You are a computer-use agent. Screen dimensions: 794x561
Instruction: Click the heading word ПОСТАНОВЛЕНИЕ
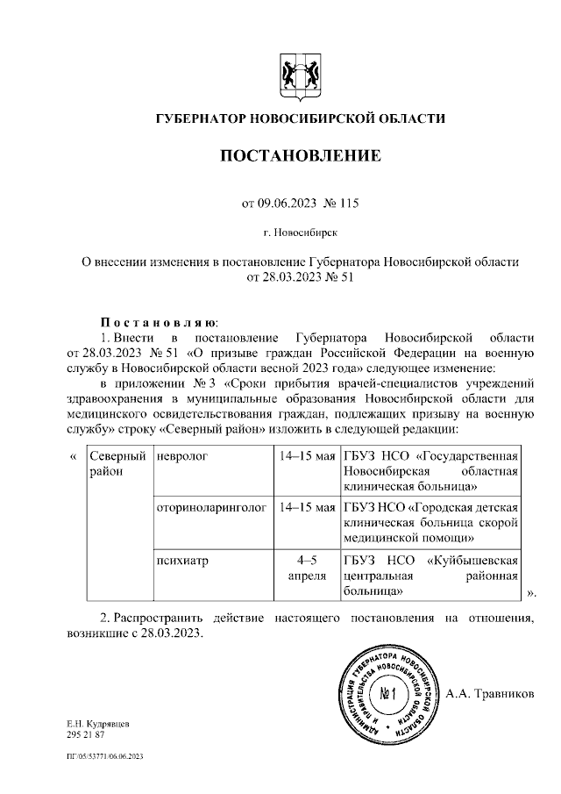pyautogui.click(x=300, y=157)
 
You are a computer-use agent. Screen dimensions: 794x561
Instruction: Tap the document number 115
pyautogui.click(x=347, y=204)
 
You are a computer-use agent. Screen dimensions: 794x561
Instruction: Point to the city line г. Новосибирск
pyautogui.click(x=299, y=232)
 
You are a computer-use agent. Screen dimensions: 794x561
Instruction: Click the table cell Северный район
pyautogui.click(x=116, y=464)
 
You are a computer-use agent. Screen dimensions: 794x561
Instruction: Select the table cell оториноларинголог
pyautogui.click(x=211, y=507)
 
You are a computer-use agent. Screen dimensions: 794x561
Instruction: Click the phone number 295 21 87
pyautogui.click(x=85, y=734)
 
